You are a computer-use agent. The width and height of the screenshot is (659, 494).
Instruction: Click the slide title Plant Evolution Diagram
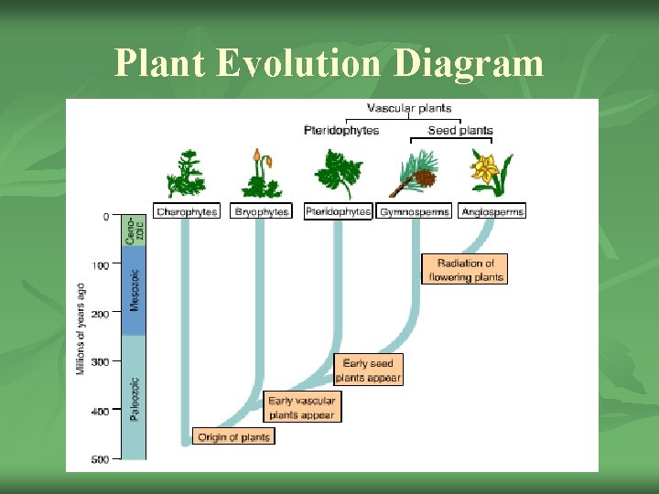329,63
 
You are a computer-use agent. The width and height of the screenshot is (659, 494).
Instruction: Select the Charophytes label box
187,211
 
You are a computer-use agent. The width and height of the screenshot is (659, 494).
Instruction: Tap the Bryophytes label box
261,211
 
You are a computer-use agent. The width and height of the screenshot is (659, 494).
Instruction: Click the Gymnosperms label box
415,211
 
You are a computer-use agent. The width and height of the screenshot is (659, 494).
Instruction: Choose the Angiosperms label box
492,211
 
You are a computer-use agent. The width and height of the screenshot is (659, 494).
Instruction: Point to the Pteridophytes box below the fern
338,211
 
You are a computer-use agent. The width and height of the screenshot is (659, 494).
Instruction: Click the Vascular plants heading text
409,109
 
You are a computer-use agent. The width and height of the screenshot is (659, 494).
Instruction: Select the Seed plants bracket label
460,131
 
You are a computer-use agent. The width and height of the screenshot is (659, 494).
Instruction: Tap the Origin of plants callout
233,437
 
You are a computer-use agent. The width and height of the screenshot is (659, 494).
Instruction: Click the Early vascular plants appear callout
302,407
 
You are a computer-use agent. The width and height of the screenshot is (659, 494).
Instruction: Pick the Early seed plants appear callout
368,370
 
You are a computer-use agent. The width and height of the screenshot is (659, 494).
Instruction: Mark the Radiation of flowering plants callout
465,270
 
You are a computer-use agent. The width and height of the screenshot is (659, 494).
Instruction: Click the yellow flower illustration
490,174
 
